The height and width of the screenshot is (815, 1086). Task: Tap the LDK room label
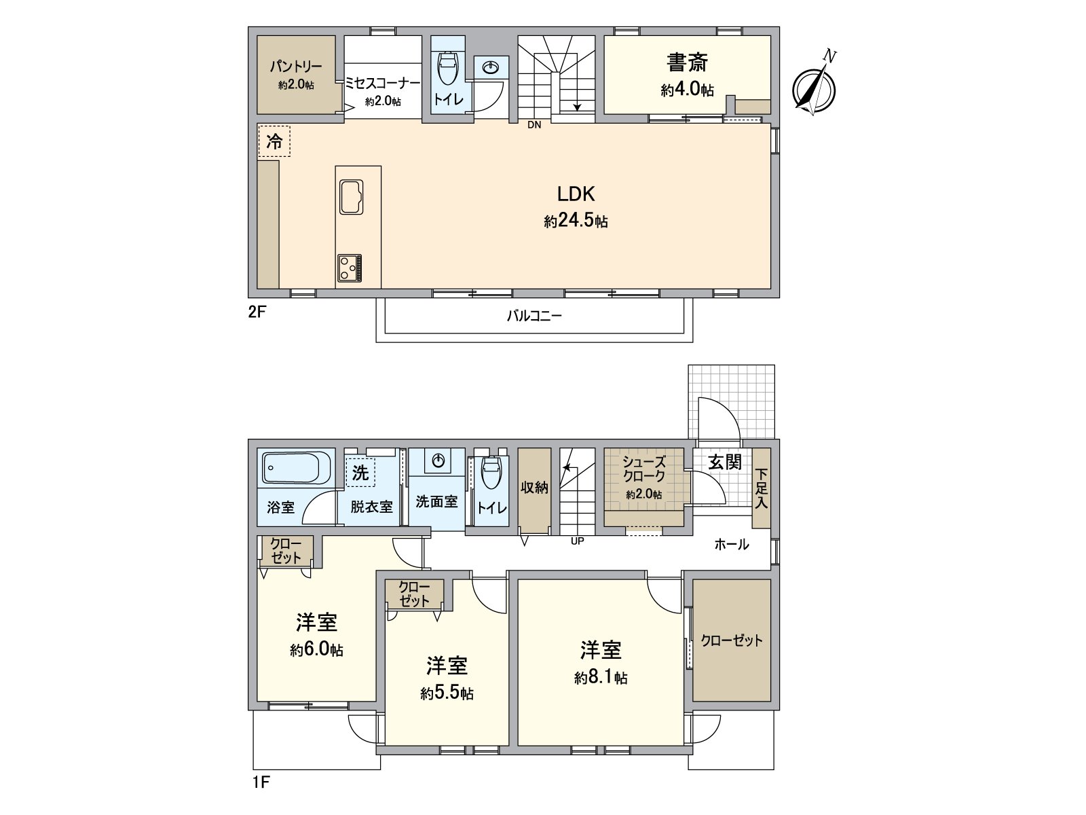pyautogui.click(x=576, y=194)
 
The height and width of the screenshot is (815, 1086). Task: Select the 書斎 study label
pyautogui.click(x=687, y=63)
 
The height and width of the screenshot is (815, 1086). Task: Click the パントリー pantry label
pyautogui.click(x=296, y=67)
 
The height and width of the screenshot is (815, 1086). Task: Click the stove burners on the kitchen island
pyautogui.click(x=350, y=268)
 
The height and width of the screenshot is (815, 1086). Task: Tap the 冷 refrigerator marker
pyautogui.click(x=274, y=142)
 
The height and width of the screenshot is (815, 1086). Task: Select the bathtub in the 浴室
pyautogui.click(x=296, y=467)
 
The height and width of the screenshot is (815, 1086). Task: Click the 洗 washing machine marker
pyautogui.click(x=360, y=472)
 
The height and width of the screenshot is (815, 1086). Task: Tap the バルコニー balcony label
pyautogui.click(x=534, y=316)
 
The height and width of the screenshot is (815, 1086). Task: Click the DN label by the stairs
pyautogui.click(x=534, y=125)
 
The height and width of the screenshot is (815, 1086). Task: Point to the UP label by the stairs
pyautogui.click(x=578, y=541)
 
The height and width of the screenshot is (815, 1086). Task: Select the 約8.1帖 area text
pyautogui.click(x=601, y=678)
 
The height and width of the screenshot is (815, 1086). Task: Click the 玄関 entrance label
pyautogui.click(x=724, y=463)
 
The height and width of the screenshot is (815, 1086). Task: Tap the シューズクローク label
pyautogui.click(x=644, y=469)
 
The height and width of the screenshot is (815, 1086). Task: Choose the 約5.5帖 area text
pyautogui.click(x=447, y=693)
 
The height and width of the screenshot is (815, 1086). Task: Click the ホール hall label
pyautogui.click(x=731, y=544)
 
